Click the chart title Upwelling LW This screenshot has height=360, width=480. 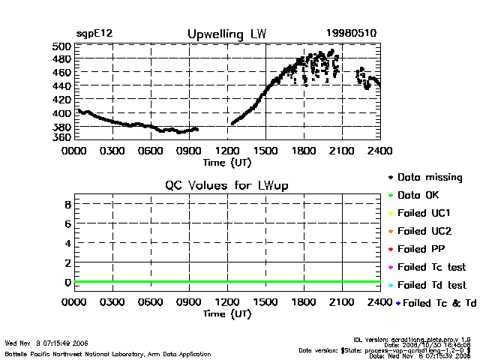pyautogui.click(x=226, y=34)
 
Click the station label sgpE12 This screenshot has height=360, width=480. pyautogui.click(x=94, y=34)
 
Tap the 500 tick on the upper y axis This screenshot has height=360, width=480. pyautogui.click(x=63, y=46)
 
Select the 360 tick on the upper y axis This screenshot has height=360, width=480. pyautogui.click(x=63, y=137)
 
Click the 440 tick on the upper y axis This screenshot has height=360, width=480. pyautogui.click(x=63, y=86)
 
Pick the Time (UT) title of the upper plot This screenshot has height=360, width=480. pyautogui.click(x=227, y=161)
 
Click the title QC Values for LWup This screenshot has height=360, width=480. pyautogui.click(x=226, y=185)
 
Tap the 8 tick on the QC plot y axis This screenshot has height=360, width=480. pyautogui.click(x=67, y=204)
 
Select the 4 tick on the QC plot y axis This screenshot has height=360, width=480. pyautogui.click(x=67, y=243)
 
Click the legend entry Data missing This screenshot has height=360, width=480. pyautogui.click(x=430, y=178)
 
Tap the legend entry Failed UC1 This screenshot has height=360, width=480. pyautogui.click(x=424, y=213)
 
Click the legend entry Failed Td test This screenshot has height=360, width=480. pyautogui.click(x=431, y=285)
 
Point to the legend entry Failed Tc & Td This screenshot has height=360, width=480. pyautogui.click(x=436, y=303)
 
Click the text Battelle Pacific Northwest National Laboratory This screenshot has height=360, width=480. pyautogui.click(x=82, y=352)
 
